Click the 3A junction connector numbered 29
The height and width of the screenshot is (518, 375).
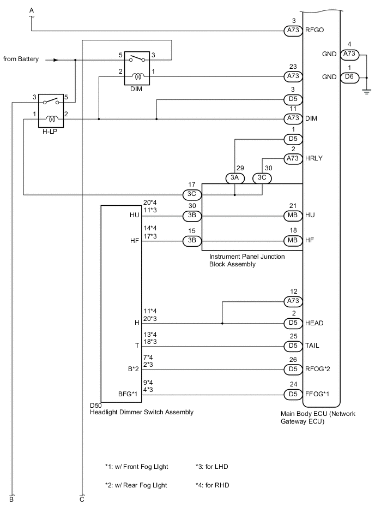click(x=234, y=178)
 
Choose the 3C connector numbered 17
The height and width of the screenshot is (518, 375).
click(x=192, y=194)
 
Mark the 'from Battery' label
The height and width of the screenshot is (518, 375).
click(x=21, y=59)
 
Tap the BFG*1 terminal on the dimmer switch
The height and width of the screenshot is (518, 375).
click(x=129, y=394)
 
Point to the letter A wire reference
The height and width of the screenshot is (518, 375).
click(x=31, y=10)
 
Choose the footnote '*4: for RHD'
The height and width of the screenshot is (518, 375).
click(x=214, y=484)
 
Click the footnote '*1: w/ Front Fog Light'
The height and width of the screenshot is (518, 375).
click(x=137, y=467)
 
